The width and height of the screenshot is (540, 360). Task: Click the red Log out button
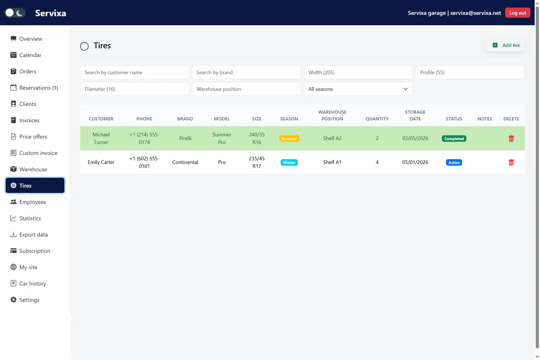click(x=517, y=13)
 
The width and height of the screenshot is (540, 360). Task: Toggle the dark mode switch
click(x=15, y=13)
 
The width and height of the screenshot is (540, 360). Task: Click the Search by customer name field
click(x=135, y=72)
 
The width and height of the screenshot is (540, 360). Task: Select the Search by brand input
click(x=246, y=72)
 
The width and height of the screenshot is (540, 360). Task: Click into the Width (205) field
click(x=358, y=72)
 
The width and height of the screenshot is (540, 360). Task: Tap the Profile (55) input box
click(x=470, y=72)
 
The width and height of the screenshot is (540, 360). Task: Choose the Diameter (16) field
click(x=135, y=89)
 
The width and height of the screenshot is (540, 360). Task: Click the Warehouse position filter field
click(x=246, y=89)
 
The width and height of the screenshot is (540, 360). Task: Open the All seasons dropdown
click(x=358, y=89)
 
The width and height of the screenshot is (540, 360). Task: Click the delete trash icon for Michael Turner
click(x=511, y=138)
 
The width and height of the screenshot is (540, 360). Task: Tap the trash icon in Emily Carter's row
click(x=511, y=162)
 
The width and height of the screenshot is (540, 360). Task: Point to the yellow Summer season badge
click(x=289, y=138)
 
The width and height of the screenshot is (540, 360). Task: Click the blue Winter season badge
click(x=289, y=162)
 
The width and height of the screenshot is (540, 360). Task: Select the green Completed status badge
click(x=454, y=138)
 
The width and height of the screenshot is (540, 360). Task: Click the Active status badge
click(x=454, y=162)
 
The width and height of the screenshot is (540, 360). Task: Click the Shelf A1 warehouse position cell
click(x=332, y=162)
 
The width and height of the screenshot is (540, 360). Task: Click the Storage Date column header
click(x=415, y=115)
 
